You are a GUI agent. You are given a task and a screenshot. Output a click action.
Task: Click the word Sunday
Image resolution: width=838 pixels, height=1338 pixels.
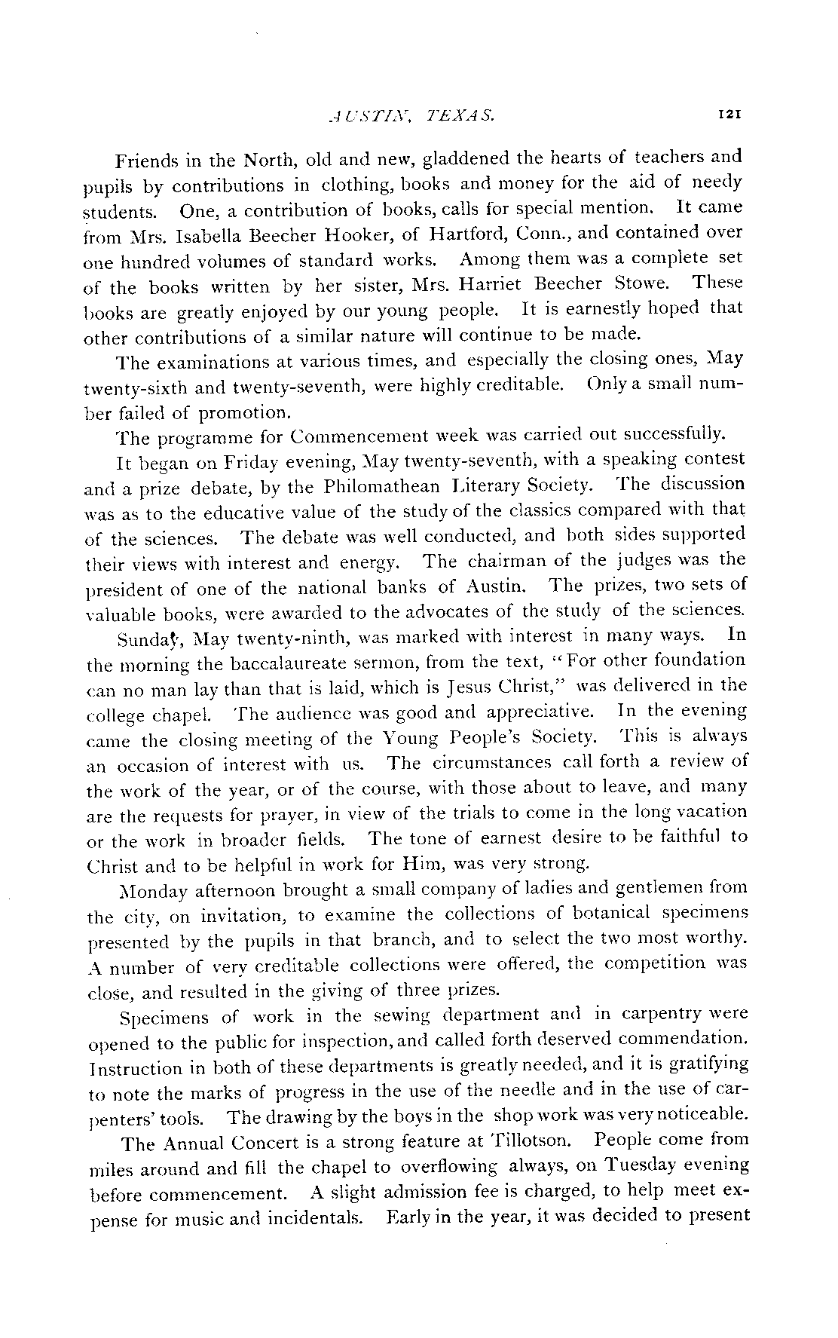coord(145,637)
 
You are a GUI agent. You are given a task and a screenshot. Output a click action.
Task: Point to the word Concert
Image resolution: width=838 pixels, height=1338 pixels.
coord(270,1144)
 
